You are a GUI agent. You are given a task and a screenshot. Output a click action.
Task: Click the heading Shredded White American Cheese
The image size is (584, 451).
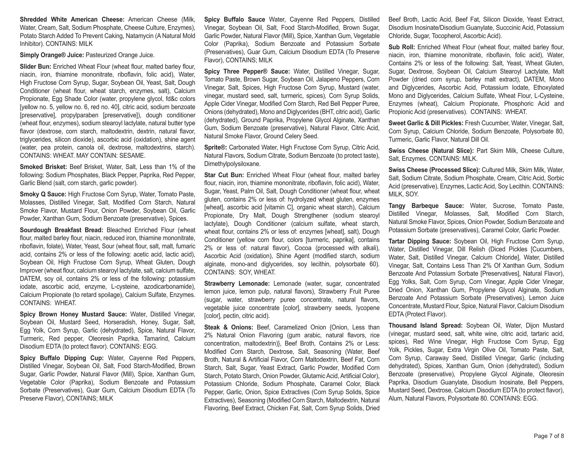[72, 20]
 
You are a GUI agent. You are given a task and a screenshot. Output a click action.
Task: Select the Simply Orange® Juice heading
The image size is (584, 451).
[52, 55]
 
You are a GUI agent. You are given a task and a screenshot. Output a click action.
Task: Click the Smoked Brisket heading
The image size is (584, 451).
[43, 167]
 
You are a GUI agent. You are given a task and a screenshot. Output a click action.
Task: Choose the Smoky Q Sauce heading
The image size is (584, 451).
[43, 194]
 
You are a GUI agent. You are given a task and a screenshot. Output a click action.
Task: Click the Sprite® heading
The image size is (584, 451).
[215, 148]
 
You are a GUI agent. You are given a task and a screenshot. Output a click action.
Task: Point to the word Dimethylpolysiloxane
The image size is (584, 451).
[233, 164]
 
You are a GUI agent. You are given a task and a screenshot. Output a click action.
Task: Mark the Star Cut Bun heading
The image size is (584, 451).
[224, 175]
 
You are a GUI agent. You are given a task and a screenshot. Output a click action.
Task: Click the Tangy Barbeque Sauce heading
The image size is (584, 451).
[426, 206]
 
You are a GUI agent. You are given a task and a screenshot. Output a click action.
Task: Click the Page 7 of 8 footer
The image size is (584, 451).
[549, 436]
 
